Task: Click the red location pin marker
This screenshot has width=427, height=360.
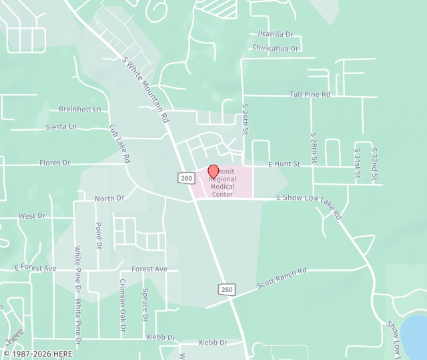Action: pyautogui.click(x=213, y=171)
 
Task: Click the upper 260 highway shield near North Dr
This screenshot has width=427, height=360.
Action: pyautogui.click(x=185, y=177)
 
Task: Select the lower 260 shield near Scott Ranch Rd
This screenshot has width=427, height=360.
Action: pyautogui.click(x=226, y=289)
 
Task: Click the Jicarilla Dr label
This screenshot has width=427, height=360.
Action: pyautogui.click(x=275, y=33)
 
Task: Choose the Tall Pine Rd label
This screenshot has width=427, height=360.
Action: pyautogui.click(x=310, y=95)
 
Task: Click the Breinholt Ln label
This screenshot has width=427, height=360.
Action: pyautogui.click(x=79, y=109)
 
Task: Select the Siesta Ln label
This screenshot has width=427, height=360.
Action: pyautogui.click(x=61, y=127)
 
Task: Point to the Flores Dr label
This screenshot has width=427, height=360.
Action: pyautogui.click(x=55, y=163)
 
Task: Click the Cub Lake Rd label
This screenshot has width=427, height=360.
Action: pyautogui.click(x=119, y=143)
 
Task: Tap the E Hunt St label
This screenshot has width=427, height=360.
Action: pyautogui.click(x=284, y=163)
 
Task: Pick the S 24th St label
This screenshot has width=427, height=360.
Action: pyautogui.click(x=245, y=119)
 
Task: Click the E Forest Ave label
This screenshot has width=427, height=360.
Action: pyautogui.click(x=36, y=268)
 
